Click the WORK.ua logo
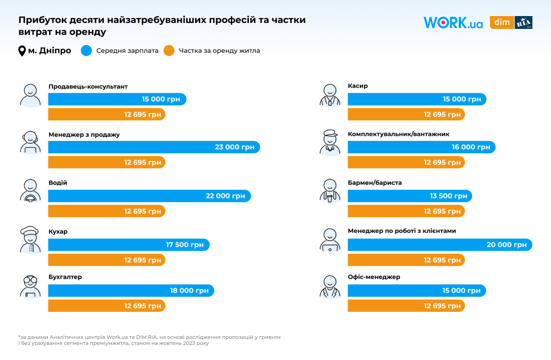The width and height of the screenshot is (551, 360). click(453, 22)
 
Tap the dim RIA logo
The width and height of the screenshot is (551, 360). click(511, 22)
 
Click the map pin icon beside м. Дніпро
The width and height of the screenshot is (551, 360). click(22, 51)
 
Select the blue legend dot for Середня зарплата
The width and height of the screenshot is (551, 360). click(86, 51)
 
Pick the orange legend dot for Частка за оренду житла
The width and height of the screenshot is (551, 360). click(169, 51)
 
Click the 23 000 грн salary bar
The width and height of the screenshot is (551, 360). click(154, 147)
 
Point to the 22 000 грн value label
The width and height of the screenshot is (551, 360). click(225, 196)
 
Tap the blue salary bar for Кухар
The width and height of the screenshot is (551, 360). click(129, 245)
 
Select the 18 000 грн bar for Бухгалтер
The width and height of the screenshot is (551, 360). click(131, 291)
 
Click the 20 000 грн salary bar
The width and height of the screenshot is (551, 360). click(439, 245)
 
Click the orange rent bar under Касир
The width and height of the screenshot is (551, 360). click(406, 114)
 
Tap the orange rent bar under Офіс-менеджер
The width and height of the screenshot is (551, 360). click(406, 306)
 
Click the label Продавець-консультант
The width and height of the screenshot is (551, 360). click(88, 86)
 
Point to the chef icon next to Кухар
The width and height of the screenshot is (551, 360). click(31, 239)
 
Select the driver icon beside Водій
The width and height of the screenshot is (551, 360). click(31, 191)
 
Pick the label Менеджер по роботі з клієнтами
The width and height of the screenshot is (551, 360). click(402, 231)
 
